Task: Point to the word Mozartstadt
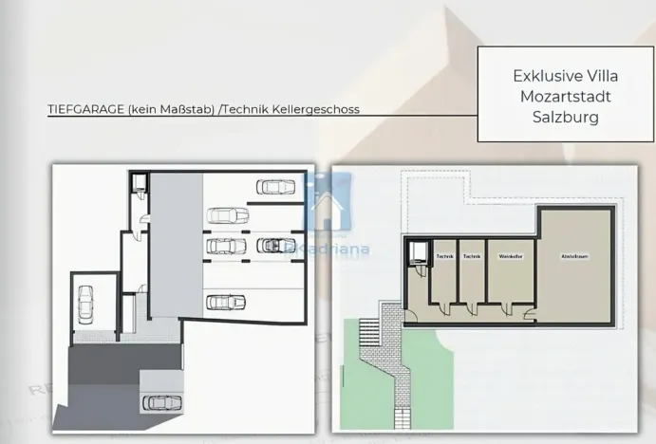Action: (x=557, y=97)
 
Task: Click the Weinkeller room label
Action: (x=512, y=257)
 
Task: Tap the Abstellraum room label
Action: (x=576, y=257)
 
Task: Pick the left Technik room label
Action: (x=443, y=257)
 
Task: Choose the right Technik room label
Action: (x=472, y=257)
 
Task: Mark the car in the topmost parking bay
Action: (x=273, y=187)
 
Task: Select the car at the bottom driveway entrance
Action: (x=160, y=402)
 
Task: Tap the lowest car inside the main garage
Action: (x=225, y=303)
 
